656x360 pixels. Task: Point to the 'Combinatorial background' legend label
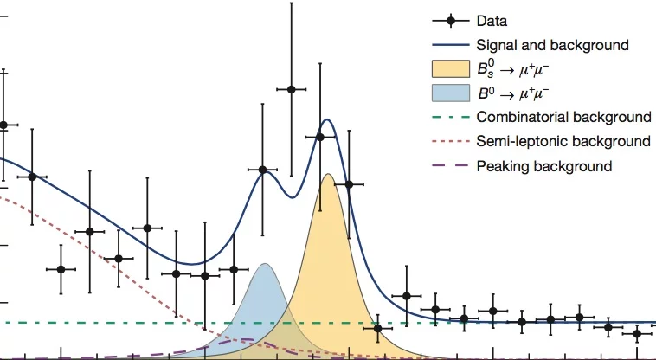pyautogui.click(x=563, y=117)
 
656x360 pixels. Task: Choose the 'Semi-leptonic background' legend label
pyautogui.click(x=563, y=141)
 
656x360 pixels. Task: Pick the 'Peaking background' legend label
pyautogui.click(x=544, y=165)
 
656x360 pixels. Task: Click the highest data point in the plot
pyautogui.click(x=292, y=89)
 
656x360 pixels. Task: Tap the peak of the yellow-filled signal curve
pyautogui.click(x=328, y=175)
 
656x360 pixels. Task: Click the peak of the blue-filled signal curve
pyautogui.click(x=265, y=264)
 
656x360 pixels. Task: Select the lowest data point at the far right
pyautogui.click(x=637, y=333)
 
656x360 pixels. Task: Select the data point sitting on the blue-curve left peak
pyautogui.click(x=263, y=170)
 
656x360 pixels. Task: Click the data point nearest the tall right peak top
pyautogui.click(x=320, y=136)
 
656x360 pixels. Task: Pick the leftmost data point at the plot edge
pyautogui.click(x=3, y=125)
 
